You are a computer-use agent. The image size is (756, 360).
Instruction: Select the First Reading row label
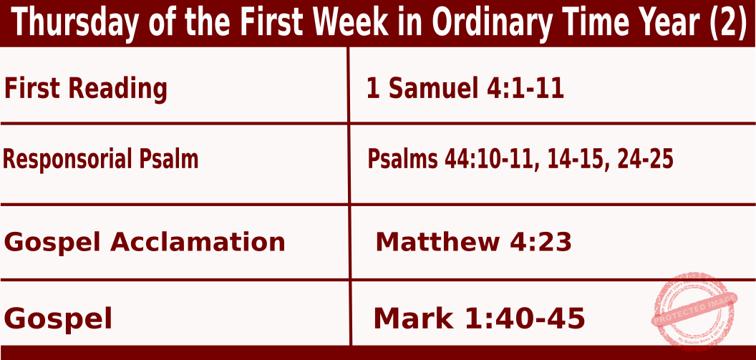click(x=85, y=89)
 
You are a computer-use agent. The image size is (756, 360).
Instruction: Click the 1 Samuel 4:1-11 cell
click(x=465, y=89)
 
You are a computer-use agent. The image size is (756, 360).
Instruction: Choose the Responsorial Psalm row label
click(x=101, y=159)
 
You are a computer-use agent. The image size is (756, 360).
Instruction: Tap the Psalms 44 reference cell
click(x=520, y=159)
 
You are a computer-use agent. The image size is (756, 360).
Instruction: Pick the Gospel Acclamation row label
click(x=145, y=242)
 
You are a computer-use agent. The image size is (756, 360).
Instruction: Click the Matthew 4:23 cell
click(x=473, y=242)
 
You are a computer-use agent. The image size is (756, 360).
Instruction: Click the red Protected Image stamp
click(x=693, y=310)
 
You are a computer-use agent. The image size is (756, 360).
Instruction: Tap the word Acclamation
click(x=198, y=242)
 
